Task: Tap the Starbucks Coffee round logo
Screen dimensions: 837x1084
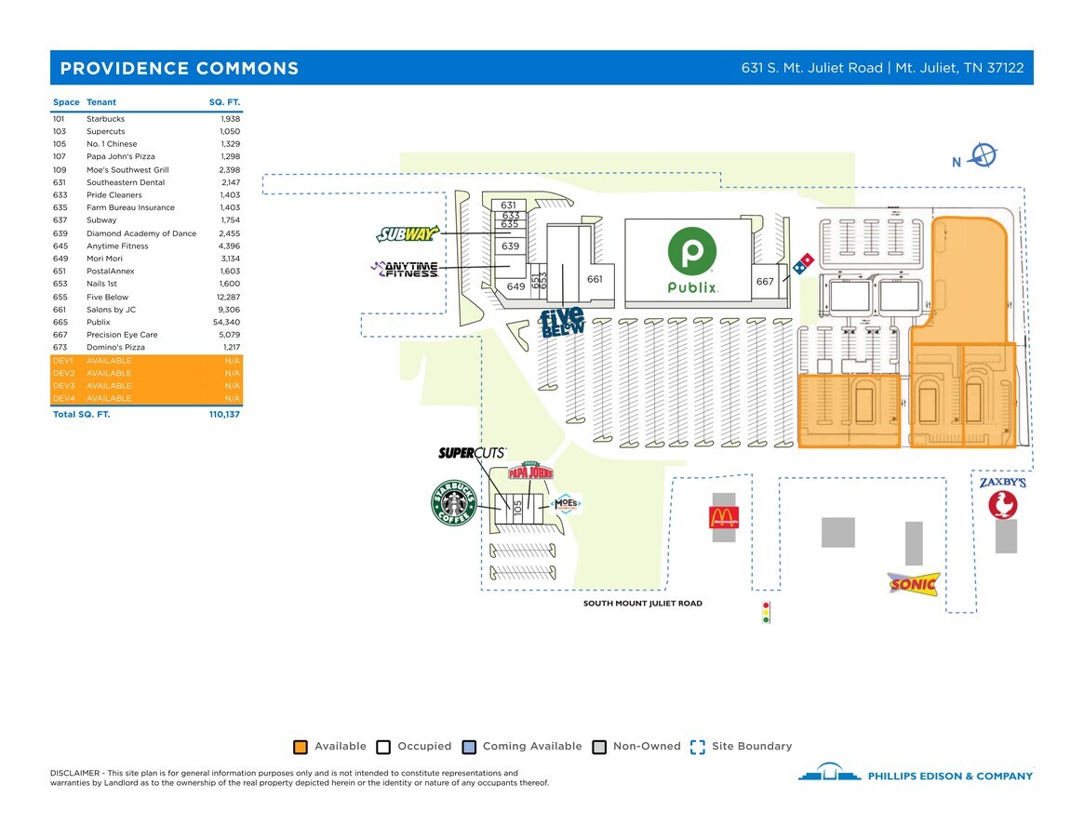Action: point(453,503)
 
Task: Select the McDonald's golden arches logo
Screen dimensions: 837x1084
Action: point(723,518)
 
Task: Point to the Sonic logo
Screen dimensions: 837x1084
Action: point(913,583)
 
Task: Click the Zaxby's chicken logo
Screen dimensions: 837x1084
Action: point(1002,505)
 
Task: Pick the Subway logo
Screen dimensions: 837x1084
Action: point(407,233)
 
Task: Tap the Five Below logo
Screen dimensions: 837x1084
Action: point(563,322)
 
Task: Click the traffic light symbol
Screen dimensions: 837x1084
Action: point(766,612)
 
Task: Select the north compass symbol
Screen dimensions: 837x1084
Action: point(984,155)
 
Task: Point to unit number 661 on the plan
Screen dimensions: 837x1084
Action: point(595,279)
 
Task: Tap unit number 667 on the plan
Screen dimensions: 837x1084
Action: point(765,282)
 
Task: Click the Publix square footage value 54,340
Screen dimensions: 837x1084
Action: point(225,322)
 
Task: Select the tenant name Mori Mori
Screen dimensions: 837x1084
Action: point(104,259)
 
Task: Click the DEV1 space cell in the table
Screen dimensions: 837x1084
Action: point(63,360)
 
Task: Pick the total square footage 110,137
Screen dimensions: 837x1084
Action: point(224,414)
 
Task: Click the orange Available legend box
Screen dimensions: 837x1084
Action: point(301,747)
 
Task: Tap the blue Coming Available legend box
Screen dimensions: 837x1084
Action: point(469,747)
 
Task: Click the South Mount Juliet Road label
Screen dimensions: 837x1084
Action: point(642,604)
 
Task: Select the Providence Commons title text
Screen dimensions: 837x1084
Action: point(180,69)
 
